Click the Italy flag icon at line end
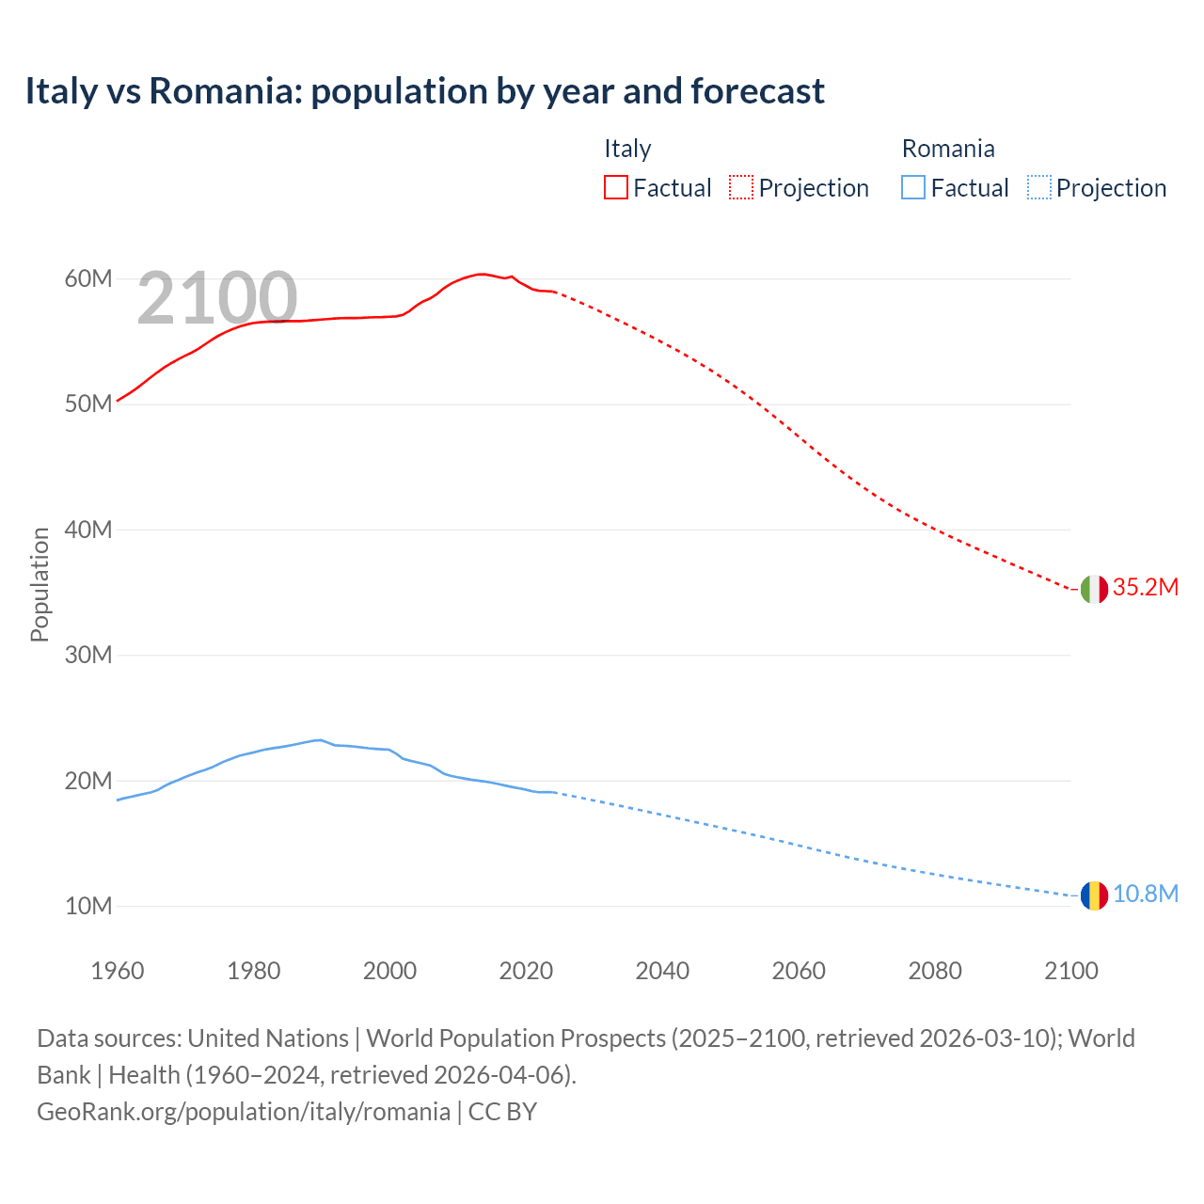tap(1093, 589)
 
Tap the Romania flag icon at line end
tap(1093, 895)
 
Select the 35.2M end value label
tap(1145, 587)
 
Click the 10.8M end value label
tap(1145, 894)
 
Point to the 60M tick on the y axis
tap(88, 278)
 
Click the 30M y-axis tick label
tap(88, 655)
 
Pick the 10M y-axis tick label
tap(88, 906)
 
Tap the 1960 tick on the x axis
tap(118, 971)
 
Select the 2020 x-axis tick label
tap(526, 971)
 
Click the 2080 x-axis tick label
tap(935, 971)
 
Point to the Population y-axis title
tap(40, 584)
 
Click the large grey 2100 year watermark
tap(217, 298)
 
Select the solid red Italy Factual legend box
tap(615, 188)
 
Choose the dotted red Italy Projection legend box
tap(741, 188)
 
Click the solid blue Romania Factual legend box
tap(913, 188)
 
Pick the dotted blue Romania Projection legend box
tap(1039, 188)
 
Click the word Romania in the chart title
tap(224, 91)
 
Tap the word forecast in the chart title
tap(757, 91)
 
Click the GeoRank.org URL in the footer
tap(244, 1111)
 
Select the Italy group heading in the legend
tap(627, 149)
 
